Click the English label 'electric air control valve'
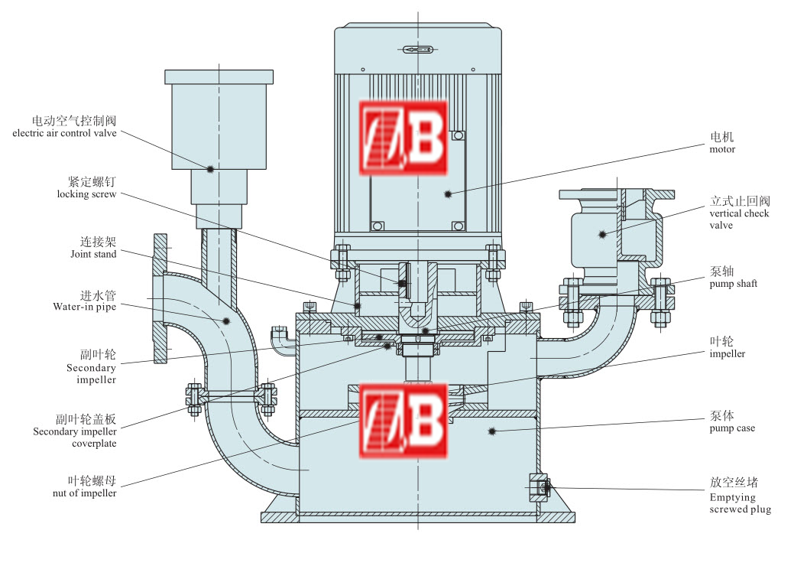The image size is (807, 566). coord(64,133)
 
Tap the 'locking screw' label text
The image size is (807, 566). coord(86,194)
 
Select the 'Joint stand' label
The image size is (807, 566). coord(93,254)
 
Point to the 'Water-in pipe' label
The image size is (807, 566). coord(84,307)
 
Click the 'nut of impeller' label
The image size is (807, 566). coord(84,493)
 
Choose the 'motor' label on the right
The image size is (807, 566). coord(722,149)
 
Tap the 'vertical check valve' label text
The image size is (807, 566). coord(739,220)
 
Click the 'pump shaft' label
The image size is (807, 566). coord(734,284)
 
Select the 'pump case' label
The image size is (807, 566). coord(732,428)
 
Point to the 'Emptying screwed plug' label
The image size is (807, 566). coord(740,503)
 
